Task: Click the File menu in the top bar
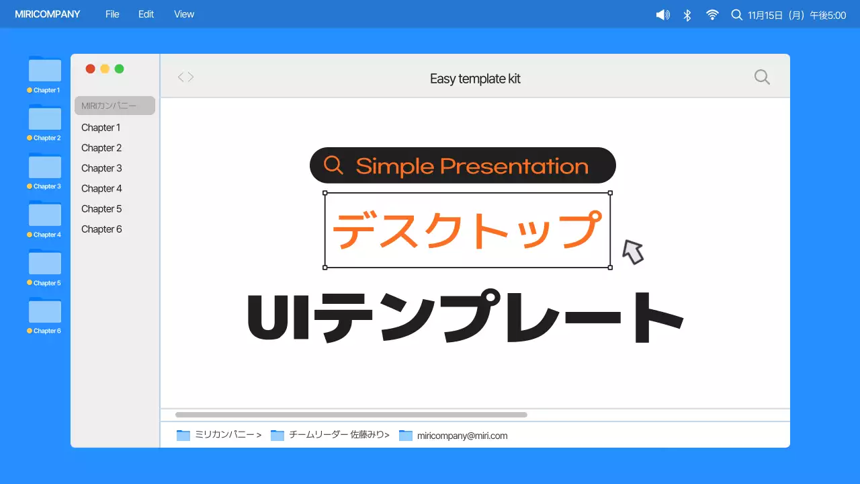pyautogui.click(x=112, y=14)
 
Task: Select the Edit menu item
pyautogui.click(x=146, y=14)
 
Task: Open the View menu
pyautogui.click(x=184, y=14)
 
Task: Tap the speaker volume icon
pyautogui.click(x=663, y=15)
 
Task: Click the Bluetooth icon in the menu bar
pyautogui.click(x=687, y=15)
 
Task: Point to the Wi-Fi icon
pyautogui.click(x=712, y=15)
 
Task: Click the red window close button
pyautogui.click(x=90, y=69)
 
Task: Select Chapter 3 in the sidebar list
pyautogui.click(x=101, y=168)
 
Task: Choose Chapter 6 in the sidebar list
pyautogui.click(x=101, y=229)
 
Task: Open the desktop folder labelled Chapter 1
pyautogui.click(x=45, y=71)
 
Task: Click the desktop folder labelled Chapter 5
pyautogui.click(x=45, y=264)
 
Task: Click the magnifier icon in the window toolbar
pyautogui.click(x=762, y=77)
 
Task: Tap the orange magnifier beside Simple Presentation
pyautogui.click(x=333, y=165)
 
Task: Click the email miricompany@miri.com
pyautogui.click(x=462, y=436)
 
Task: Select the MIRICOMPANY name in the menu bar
pyautogui.click(x=47, y=14)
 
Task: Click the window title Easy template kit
pyautogui.click(x=475, y=79)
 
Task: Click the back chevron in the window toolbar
pyautogui.click(x=180, y=77)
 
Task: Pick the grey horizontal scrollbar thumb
pyautogui.click(x=351, y=415)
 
